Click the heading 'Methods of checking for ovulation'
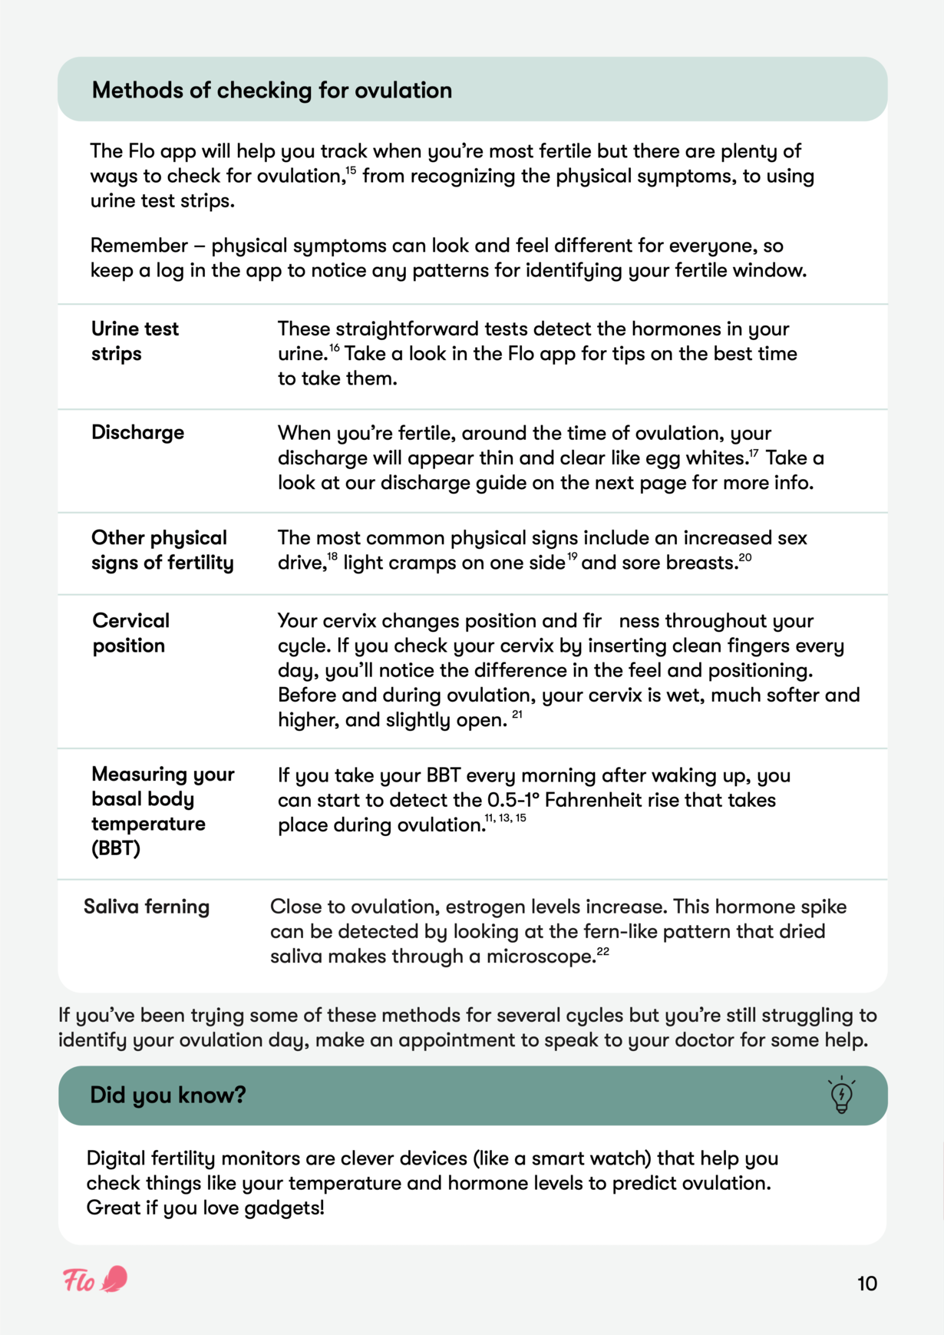(272, 91)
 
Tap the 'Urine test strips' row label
(134, 341)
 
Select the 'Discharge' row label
(137, 432)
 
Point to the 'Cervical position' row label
(130, 633)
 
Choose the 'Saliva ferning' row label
(146, 907)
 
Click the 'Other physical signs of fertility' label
(162, 550)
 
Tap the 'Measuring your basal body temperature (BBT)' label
(162, 811)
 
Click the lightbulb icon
(841, 1095)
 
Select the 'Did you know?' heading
(167, 1095)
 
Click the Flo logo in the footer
(95, 1280)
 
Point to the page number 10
(866, 1284)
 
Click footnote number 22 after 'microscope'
(602, 952)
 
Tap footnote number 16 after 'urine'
(335, 349)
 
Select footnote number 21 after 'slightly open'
(517, 715)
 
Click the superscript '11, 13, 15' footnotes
(506, 818)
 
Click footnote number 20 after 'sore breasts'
(745, 557)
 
